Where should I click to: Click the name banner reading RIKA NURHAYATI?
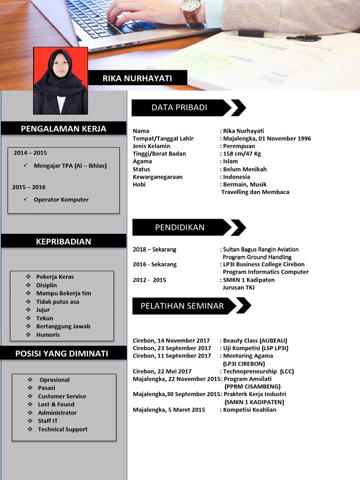click(x=137, y=78)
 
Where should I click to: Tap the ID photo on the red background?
click(x=60, y=81)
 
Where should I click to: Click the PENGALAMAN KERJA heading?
click(x=64, y=128)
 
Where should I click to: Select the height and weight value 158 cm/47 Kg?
click(x=242, y=154)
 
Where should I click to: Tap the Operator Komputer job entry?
click(x=61, y=199)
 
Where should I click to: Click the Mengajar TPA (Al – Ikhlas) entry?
click(x=70, y=165)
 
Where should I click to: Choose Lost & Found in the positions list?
click(x=56, y=404)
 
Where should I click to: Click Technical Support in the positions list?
click(x=62, y=429)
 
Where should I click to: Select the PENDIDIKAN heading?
click(x=180, y=227)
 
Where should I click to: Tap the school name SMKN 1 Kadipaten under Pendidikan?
click(x=248, y=280)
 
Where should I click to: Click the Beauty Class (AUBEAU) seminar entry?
click(x=255, y=340)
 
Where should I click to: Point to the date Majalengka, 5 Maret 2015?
click(x=169, y=410)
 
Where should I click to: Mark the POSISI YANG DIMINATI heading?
click(x=62, y=353)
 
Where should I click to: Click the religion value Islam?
click(x=230, y=161)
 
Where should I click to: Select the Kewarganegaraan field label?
click(x=157, y=177)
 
